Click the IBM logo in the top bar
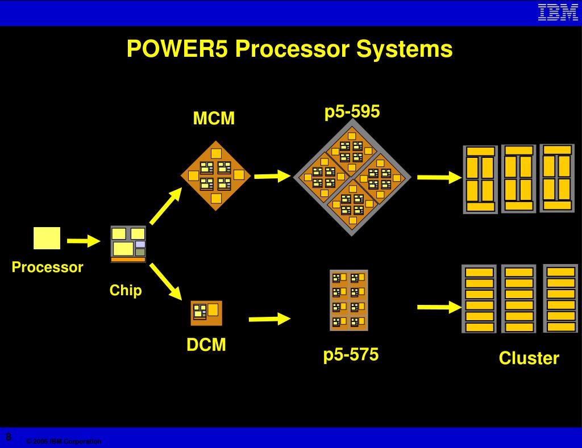point(558,12)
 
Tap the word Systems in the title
point(404,49)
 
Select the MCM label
point(214,118)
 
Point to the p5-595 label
point(352,111)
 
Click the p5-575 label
point(351,354)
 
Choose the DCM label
point(206,345)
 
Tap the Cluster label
point(529,358)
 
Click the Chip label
point(126,290)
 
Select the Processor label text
point(47,267)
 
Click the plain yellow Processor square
point(47,238)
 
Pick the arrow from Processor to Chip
point(84,241)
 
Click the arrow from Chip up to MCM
point(165,206)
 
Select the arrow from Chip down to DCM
point(165,282)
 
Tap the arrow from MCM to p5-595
point(272,176)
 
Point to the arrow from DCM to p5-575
point(269,319)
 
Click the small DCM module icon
point(206,313)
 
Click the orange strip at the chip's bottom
point(128,259)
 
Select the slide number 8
point(9,437)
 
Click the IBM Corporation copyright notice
point(64,441)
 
